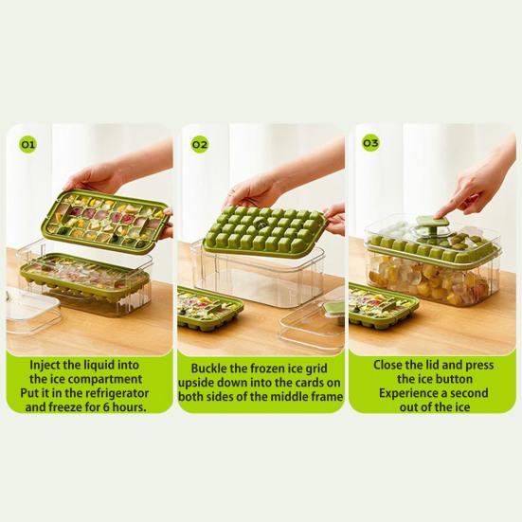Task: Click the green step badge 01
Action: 28,145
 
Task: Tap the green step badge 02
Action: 199,145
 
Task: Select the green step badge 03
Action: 370,143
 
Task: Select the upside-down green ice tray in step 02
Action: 263,230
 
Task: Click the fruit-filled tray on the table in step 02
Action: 209,309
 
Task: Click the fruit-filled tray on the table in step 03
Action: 383,306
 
